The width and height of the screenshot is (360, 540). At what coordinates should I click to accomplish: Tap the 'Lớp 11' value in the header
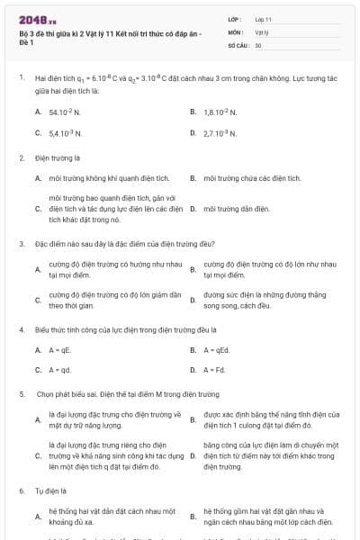pos(264,19)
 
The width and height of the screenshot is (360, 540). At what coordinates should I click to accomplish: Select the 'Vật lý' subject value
pos(262,31)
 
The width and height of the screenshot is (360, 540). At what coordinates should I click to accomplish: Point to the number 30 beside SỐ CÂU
pos(258,44)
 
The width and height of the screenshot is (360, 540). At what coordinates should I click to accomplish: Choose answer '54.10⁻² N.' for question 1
pos(65,112)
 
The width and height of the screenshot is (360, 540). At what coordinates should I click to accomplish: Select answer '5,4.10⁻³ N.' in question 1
pos(65,133)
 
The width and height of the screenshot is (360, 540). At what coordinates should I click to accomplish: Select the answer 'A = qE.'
pos(60,349)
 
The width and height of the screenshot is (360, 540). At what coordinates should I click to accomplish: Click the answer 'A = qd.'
pos(60,370)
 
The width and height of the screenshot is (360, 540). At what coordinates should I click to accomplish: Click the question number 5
pos(22,394)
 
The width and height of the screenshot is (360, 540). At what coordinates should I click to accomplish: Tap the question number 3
pos(22,243)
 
